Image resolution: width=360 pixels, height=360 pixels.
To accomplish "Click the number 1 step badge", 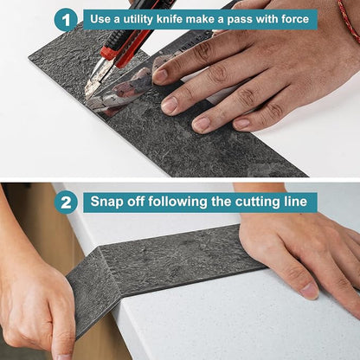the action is [x=66, y=20].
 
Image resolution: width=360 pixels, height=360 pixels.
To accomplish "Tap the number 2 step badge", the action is [x=66, y=202].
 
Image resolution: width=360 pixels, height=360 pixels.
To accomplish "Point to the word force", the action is [x=295, y=19].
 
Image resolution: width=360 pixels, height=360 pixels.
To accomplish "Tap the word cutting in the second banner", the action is [x=256, y=202].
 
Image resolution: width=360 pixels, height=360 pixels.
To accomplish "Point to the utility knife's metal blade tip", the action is [x=87, y=95].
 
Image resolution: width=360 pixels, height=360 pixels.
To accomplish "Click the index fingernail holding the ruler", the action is [x=160, y=74].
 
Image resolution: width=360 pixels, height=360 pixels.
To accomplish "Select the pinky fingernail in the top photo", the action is [x=241, y=124].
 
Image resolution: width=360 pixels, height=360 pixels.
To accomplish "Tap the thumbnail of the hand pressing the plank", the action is [x=309, y=291].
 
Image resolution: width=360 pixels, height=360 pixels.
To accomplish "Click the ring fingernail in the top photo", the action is [x=202, y=123].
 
